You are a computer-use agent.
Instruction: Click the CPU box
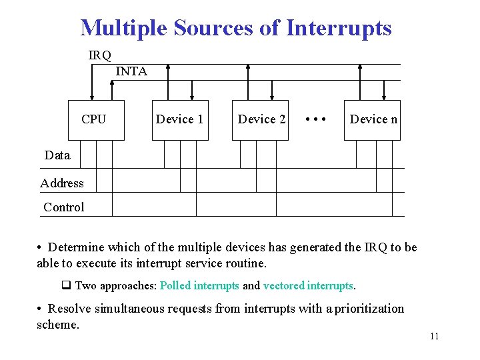point(96,120)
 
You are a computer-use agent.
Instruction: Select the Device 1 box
point(180,120)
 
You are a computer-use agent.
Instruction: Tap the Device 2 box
point(261,120)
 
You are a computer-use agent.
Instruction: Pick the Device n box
point(372,120)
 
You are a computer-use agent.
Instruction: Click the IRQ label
point(100,55)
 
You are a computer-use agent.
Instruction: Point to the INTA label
point(131,71)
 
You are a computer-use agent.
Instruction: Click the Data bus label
point(57,155)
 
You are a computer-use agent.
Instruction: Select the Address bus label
point(62,183)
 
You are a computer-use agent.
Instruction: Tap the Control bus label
point(64,207)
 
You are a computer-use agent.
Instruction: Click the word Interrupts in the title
point(339,28)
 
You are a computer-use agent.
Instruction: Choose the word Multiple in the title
point(125,28)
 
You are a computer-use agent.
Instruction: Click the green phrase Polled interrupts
point(199,285)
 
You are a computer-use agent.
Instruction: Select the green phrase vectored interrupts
point(308,285)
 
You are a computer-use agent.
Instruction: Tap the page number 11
point(434,336)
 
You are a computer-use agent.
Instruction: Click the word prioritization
point(369,309)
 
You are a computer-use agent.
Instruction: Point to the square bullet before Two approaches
point(66,285)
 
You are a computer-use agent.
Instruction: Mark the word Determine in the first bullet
point(75,247)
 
